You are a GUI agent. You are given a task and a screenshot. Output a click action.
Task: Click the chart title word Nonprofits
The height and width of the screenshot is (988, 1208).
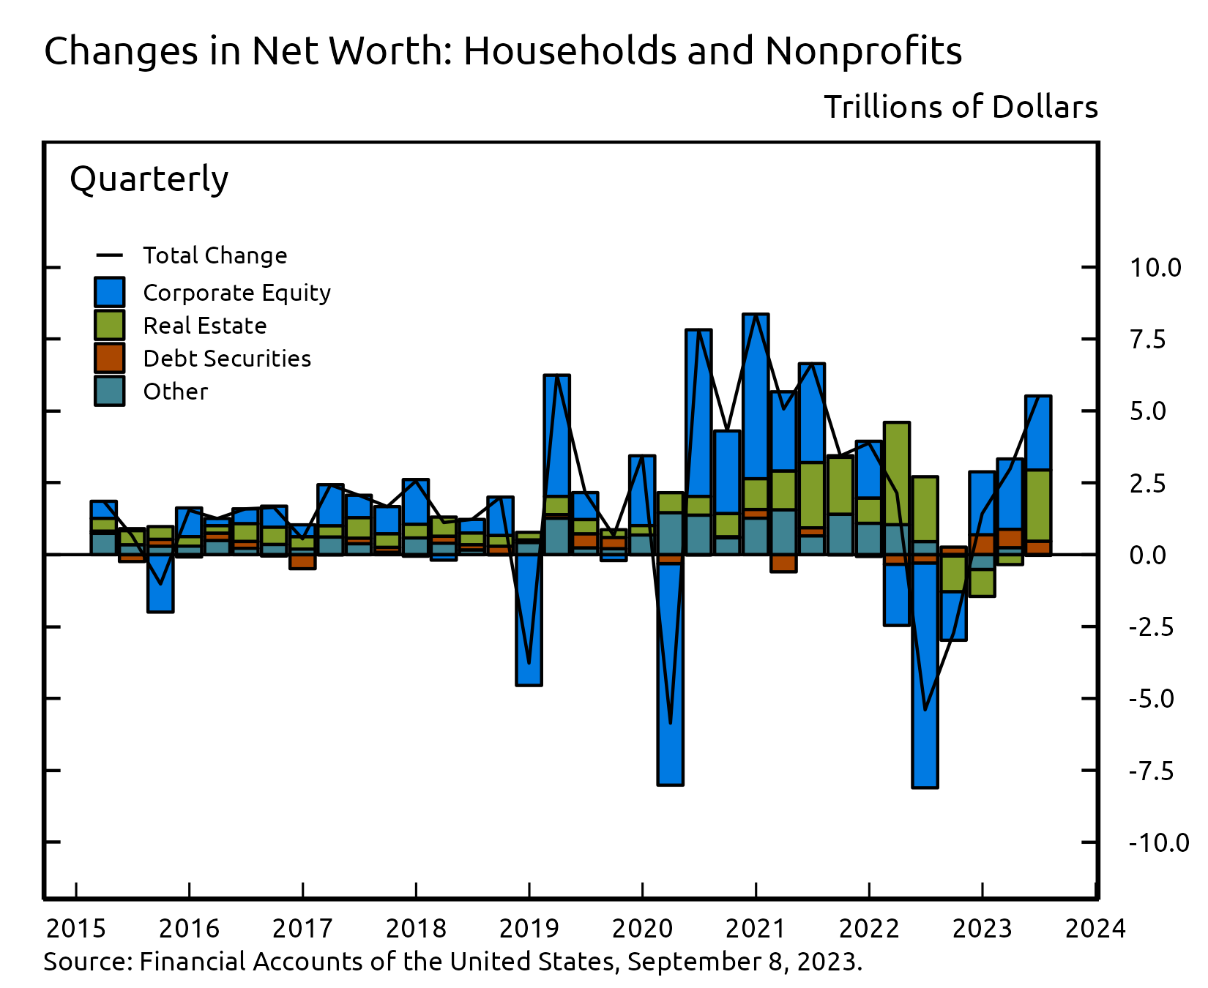[863, 51]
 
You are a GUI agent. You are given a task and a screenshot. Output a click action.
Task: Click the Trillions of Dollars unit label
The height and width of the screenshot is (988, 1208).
[961, 108]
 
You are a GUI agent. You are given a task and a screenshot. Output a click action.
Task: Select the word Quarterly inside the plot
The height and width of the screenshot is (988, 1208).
[149, 179]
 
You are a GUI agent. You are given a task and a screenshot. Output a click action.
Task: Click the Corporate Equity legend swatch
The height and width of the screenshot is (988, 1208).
[110, 292]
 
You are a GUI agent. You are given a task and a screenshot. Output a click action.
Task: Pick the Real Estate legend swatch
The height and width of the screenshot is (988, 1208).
[110, 325]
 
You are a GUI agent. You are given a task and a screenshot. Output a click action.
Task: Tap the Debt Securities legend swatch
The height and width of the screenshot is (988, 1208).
[110, 358]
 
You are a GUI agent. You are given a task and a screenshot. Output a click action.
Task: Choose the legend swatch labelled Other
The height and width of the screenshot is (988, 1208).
[110, 391]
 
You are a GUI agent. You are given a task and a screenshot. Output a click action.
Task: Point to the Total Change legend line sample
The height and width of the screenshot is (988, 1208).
[110, 255]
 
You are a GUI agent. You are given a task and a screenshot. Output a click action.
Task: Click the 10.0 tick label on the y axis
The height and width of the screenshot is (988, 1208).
[1155, 268]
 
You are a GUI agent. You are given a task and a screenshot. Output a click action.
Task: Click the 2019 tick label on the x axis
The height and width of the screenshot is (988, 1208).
[529, 929]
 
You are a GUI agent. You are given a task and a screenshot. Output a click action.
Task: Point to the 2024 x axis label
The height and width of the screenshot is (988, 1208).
[1095, 929]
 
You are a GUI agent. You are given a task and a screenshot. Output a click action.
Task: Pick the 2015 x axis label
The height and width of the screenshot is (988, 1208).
[75, 929]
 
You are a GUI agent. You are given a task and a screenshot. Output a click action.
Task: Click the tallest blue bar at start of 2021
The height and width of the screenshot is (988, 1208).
[756, 395]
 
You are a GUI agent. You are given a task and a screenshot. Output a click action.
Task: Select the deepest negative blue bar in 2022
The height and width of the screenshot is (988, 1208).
[925, 673]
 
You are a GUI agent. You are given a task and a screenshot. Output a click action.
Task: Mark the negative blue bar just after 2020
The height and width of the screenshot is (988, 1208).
[670, 673]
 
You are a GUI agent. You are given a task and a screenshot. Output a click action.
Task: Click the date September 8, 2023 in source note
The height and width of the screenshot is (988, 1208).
[744, 961]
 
